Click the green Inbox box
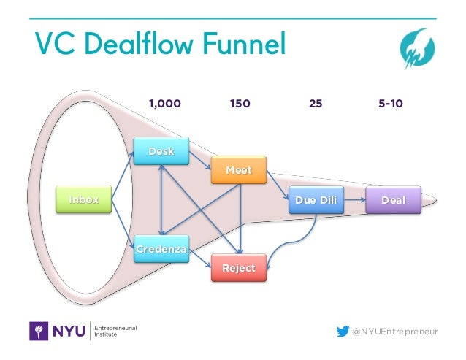click(84, 199)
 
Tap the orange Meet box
click(239, 171)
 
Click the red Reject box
click(239, 268)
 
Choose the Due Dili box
click(316, 199)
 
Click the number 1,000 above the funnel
click(164, 104)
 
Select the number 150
click(240, 104)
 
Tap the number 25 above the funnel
click(316, 104)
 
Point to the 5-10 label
click(391, 104)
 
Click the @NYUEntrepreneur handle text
click(395, 332)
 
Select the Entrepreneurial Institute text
click(116, 332)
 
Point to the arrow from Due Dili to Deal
click(354, 199)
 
